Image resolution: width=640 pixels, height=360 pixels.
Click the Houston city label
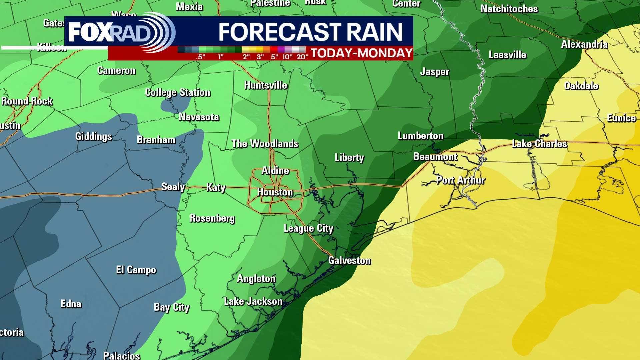(x=275, y=192)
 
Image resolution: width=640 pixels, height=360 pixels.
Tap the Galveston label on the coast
(x=349, y=260)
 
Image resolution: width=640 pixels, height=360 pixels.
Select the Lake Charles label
(x=539, y=144)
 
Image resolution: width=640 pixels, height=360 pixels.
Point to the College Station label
(x=178, y=92)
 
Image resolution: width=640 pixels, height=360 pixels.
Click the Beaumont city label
(x=435, y=157)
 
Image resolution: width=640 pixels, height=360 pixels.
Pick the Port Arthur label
(x=461, y=180)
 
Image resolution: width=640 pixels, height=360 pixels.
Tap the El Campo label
(x=136, y=270)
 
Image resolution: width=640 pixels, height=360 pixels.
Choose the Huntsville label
(x=266, y=85)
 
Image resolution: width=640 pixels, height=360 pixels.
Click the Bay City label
(x=171, y=307)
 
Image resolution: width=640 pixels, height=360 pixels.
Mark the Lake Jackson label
(x=253, y=302)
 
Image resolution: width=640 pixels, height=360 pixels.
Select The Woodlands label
(x=265, y=144)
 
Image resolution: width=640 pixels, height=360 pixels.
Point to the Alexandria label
(x=584, y=44)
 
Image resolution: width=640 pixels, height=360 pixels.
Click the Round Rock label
(x=27, y=101)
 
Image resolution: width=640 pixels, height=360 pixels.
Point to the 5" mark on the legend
(x=274, y=57)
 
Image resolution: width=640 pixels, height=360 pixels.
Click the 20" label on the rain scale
(x=302, y=57)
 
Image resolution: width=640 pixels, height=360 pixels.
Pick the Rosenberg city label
(x=212, y=218)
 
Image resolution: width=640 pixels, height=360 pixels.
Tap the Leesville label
(x=507, y=55)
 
